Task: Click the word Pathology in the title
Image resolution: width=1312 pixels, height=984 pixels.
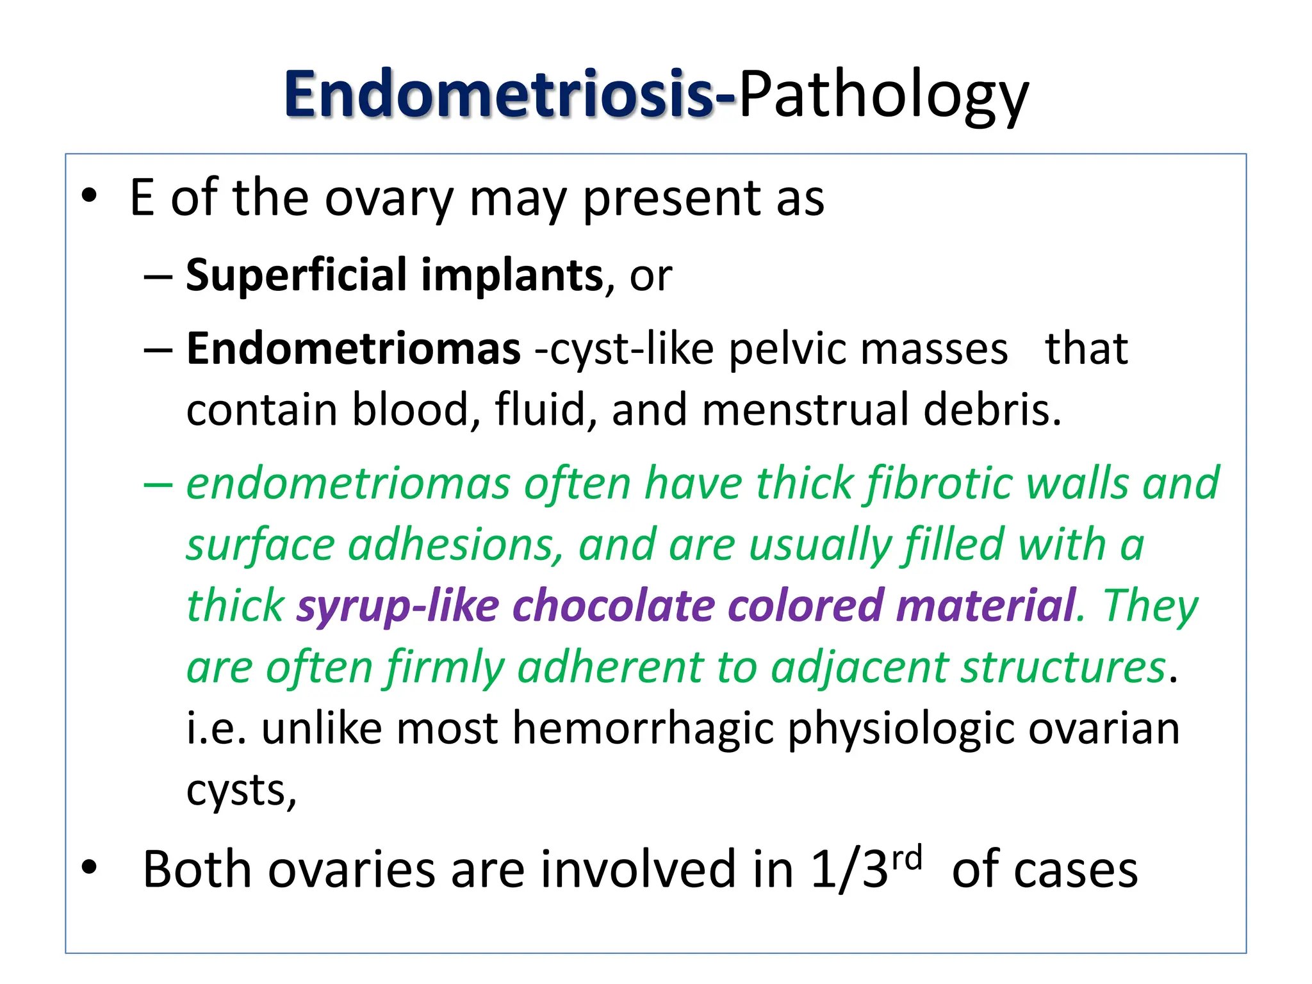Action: point(883,96)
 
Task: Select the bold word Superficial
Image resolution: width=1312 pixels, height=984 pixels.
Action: point(294,275)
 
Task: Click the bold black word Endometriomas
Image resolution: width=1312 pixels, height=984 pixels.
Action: point(354,349)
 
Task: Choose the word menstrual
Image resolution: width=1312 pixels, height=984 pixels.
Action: point(805,410)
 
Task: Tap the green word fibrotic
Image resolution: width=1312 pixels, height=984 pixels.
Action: point(939,484)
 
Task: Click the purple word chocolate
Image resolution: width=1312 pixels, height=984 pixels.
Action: point(613,606)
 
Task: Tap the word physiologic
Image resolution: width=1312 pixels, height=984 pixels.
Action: point(900,730)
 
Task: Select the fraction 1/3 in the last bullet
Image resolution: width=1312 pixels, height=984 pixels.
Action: point(849,870)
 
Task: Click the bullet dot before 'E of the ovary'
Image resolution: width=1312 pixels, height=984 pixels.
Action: point(89,196)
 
